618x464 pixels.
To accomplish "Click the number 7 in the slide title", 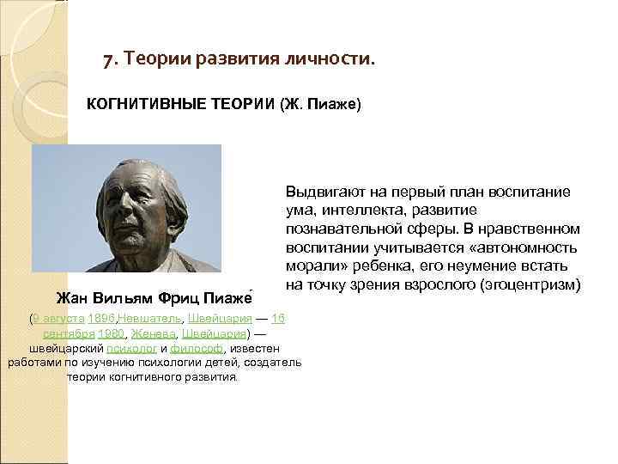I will click(x=107, y=60).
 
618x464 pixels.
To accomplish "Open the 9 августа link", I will click(x=58, y=319).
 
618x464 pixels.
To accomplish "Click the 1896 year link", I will click(x=101, y=319).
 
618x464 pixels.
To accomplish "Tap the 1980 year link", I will click(x=111, y=333).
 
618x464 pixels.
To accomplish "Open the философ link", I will click(x=195, y=348).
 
